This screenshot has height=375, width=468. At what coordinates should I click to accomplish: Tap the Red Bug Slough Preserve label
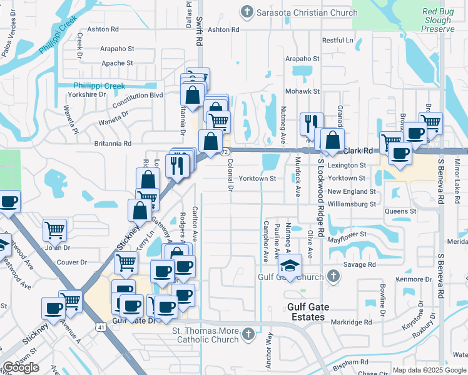pyautogui.click(x=437, y=20)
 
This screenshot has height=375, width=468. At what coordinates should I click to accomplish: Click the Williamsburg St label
pyautogui.click(x=351, y=204)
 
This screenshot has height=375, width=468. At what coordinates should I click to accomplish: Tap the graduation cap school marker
pyautogui.click(x=290, y=265)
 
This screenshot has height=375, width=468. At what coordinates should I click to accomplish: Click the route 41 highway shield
pyautogui.click(x=101, y=326)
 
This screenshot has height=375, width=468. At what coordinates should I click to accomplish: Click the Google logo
pyautogui.click(x=21, y=367)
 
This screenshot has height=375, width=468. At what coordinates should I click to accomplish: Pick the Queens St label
pyautogui.click(x=400, y=211)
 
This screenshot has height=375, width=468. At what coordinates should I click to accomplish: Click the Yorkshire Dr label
pyautogui.click(x=89, y=94)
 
